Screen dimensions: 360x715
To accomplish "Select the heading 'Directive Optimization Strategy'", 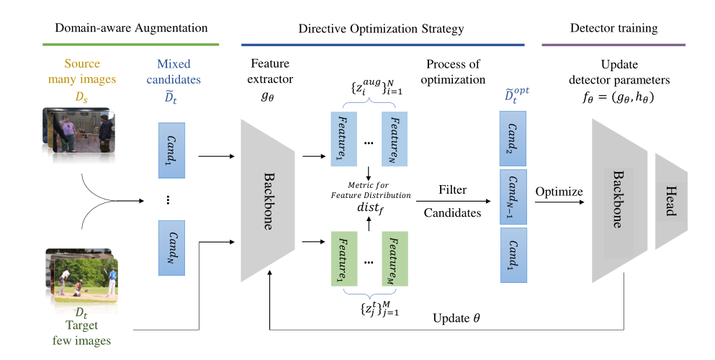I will (382, 30).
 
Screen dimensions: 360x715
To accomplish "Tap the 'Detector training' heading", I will (613, 29).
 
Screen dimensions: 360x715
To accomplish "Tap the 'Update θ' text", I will (455, 318).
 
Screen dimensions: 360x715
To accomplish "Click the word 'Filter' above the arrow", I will (451, 191).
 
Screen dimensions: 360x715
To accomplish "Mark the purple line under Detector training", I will (613, 45).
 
